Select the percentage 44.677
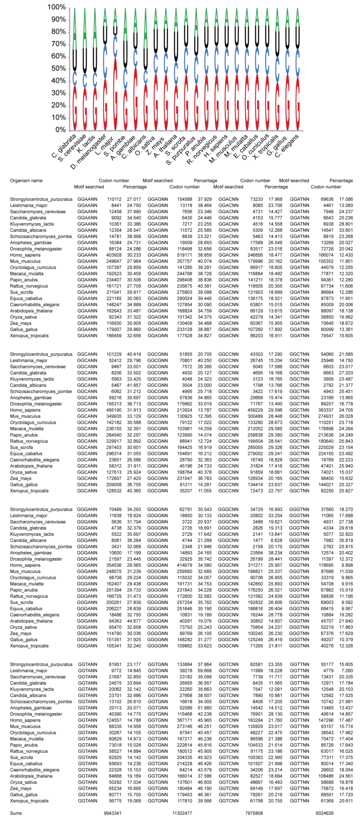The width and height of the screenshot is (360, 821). [134, 621]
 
